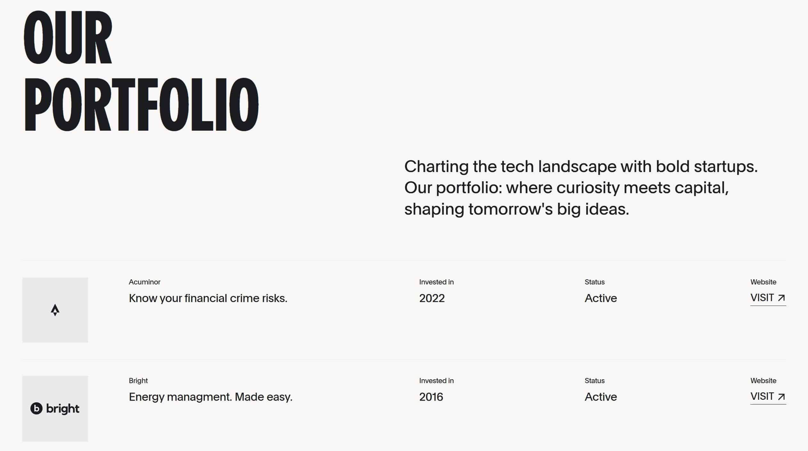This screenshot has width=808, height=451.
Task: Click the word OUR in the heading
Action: [68, 37]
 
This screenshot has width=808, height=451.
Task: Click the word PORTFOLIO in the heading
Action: [141, 104]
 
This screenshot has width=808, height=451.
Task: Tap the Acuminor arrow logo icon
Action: [55, 310]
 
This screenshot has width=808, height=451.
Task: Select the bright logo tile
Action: [55, 408]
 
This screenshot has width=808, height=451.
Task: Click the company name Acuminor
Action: [145, 282]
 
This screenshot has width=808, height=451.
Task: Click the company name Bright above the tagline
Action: [138, 381]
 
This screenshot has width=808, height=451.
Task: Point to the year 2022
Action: [432, 298]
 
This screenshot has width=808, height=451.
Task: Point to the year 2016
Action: [431, 397]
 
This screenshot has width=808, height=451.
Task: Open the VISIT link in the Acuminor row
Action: [768, 298]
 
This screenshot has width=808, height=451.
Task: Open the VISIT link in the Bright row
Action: [768, 397]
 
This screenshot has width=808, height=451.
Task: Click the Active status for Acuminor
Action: [601, 298]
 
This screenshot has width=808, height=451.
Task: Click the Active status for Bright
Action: [601, 397]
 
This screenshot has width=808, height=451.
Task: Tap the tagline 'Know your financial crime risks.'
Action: [208, 298]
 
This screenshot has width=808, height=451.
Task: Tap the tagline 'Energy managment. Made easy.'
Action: [211, 397]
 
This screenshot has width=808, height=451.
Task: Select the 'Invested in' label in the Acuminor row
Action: [436, 282]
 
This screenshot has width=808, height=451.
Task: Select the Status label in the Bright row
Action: [595, 381]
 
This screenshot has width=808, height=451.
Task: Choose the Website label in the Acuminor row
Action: [763, 282]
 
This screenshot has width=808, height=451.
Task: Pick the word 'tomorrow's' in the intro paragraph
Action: [510, 209]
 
